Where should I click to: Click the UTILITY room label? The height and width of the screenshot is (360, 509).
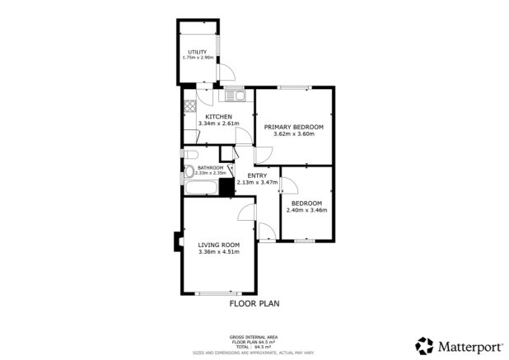pyautogui.click(x=197, y=52)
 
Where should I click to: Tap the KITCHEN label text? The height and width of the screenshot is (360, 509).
pyautogui.click(x=218, y=116)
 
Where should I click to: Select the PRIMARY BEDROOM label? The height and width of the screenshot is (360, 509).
pyautogui.click(x=293, y=127)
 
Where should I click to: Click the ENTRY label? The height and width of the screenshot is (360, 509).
pyautogui.click(x=257, y=175)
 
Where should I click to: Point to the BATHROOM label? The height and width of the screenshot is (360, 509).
pyautogui.click(x=210, y=168)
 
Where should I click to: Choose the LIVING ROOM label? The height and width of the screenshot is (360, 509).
pyautogui.click(x=218, y=245)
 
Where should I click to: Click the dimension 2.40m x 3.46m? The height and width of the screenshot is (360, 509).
pyautogui.click(x=306, y=210)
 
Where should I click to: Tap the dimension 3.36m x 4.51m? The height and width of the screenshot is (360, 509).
pyautogui.click(x=218, y=252)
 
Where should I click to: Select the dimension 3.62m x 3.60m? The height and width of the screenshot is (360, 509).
pyautogui.click(x=293, y=134)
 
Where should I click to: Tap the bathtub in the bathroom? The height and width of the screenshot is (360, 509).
pyautogui.click(x=200, y=189)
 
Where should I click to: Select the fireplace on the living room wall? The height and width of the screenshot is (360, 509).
pyautogui.click(x=177, y=241)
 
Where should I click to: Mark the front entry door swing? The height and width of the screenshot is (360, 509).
pyautogui.click(x=266, y=231)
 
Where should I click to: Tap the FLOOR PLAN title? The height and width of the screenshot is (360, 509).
pyautogui.click(x=254, y=303)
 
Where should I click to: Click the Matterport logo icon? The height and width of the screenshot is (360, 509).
pyautogui.click(x=424, y=345)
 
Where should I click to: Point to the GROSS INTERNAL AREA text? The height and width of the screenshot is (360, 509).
pyautogui.click(x=254, y=337)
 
